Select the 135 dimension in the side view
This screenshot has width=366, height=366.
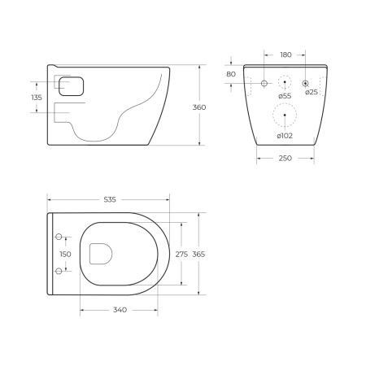tap(36, 98)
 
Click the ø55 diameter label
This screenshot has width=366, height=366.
tap(285, 96)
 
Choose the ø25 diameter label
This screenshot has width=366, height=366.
tap(312, 93)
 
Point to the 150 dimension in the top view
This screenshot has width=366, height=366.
tap(65, 254)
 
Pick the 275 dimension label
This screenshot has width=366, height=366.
tap(181, 254)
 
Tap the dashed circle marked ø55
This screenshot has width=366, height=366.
tap(284, 82)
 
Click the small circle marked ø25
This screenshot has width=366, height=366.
tap(305, 82)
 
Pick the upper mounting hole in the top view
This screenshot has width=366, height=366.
tap(59, 237)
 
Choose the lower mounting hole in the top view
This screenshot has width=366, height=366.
tap(59, 270)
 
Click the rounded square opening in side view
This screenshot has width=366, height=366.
tap(71, 86)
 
